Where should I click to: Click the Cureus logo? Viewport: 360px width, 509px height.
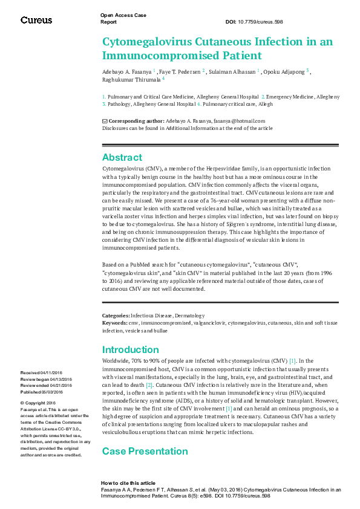pyautogui.click(x=36, y=20)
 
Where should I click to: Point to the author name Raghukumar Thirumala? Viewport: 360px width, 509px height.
pyautogui.click(x=131, y=79)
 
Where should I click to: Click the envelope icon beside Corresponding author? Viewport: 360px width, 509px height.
pyautogui.click(x=105, y=121)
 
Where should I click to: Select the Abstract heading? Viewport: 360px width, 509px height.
pyautogui.click(x=122, y=157)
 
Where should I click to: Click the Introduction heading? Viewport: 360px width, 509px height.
pyautogui.click(x=131, y=349)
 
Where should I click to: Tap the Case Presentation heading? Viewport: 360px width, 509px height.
pyautogui.click(x=145, y=451)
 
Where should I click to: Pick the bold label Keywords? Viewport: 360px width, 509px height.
pyautogui.click(x=115, y=323)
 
